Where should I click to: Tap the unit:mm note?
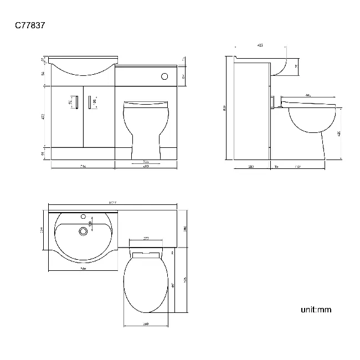click(316, 310)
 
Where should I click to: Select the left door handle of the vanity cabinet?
click(78, 103)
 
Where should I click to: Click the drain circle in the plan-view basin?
click(84, 232)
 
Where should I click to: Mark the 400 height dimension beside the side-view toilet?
click(339, 133)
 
